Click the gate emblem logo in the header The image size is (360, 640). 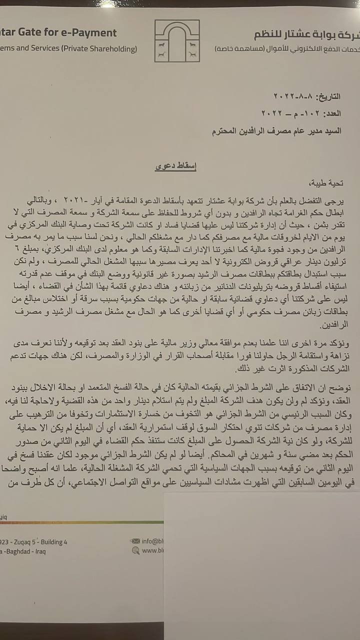[176, 41]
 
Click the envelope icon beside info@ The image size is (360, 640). [135, 541]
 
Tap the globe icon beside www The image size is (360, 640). [135, 550]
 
